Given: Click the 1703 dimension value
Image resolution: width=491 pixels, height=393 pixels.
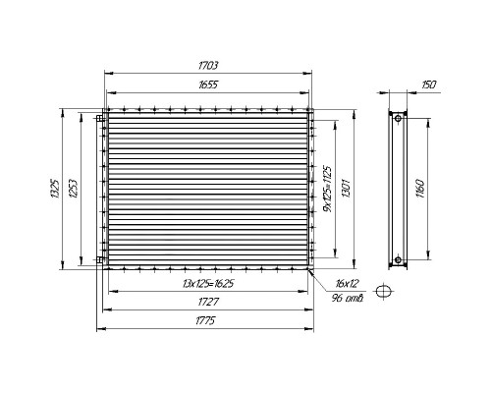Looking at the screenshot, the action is pyautogui.click(x=208, y=66).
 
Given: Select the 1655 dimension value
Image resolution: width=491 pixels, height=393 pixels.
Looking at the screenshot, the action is pyautogui.click(x=208, y=84).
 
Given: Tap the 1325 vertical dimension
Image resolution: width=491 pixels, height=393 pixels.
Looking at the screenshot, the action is pyautogui.click(x=55, y=189).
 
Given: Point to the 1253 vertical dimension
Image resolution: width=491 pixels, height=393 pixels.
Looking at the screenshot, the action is pyautogui.click(x=74, y=189).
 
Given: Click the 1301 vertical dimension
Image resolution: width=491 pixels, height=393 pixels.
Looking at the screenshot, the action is pyautogui.click(x=347, y=188).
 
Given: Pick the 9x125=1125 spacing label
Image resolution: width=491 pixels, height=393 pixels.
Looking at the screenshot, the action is pyautogui.click(x=327, y=189).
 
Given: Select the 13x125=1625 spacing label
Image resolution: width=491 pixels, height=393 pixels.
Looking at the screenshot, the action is pyautogui.click(x=208, y=283).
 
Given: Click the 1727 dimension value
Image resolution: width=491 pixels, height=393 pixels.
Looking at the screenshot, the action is pyautogui.click(x=208, y=302).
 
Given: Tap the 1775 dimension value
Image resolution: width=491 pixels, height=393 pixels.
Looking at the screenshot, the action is pyautogui.click(x=205, y=320).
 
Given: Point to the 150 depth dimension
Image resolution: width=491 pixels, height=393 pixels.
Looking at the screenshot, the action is pyautogui.click(x=429, y=84).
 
